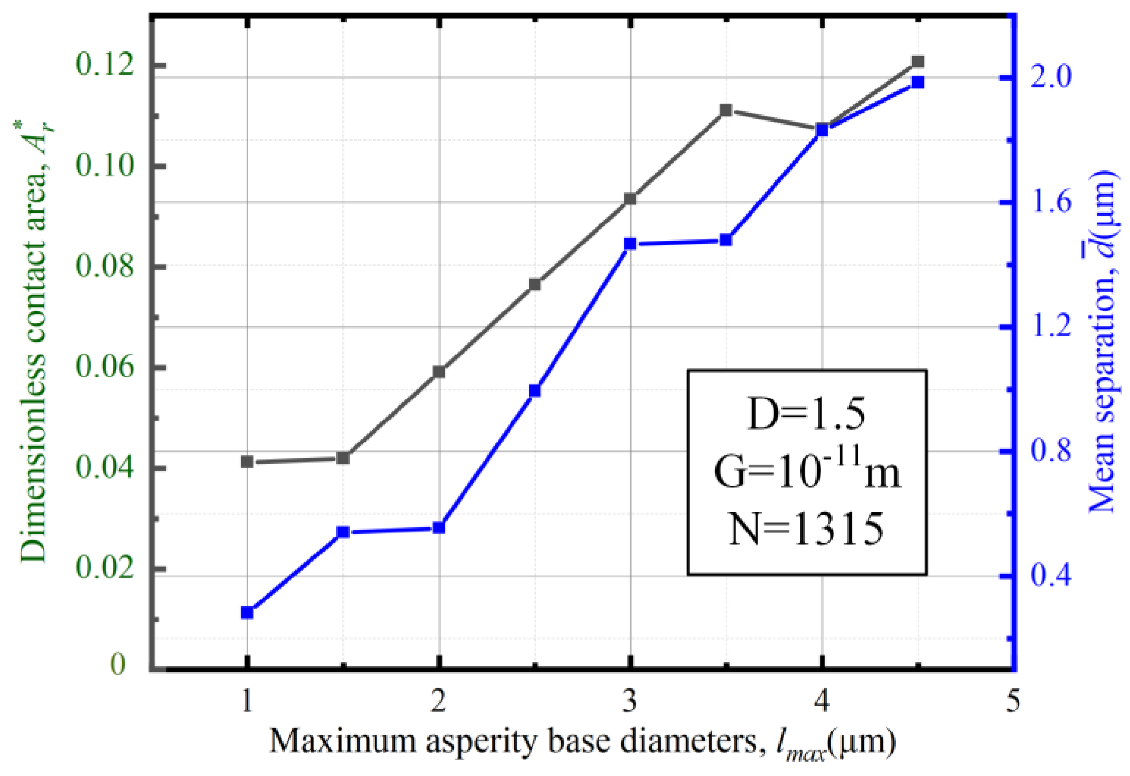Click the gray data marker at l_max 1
[247, 462]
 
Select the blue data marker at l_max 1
[247, 613]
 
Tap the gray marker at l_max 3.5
[726, 110]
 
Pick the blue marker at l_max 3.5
[726, 240]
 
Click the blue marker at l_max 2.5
[534, 391]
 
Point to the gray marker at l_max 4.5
[918, 62]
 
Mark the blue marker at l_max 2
[439, 528]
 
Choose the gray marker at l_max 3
[630, 199]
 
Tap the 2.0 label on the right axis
[1051, 77]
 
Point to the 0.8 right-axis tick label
[1051, 451]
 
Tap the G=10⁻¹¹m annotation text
[807, 470]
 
